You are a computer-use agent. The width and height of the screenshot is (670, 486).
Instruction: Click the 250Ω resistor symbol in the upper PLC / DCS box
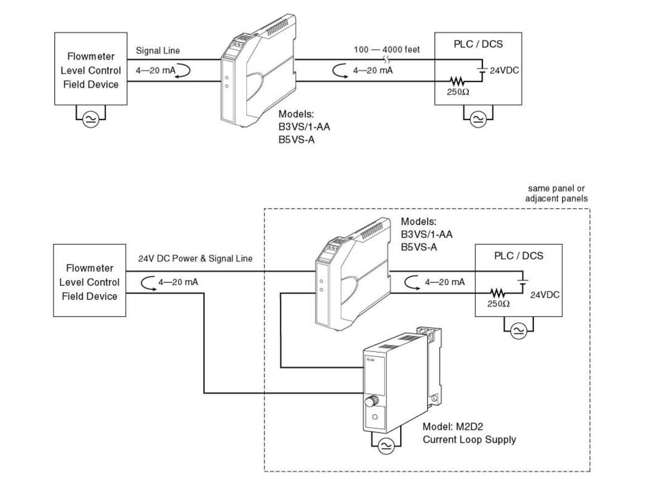click(457, 81)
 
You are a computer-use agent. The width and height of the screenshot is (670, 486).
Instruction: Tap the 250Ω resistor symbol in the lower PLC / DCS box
click(497, 293)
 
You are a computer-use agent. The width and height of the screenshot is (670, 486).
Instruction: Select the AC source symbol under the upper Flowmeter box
click(90, 119)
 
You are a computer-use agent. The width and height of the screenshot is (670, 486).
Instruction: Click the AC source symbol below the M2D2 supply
click(386, 446)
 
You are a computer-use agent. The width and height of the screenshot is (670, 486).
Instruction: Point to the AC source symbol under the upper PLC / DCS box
click(478, 119)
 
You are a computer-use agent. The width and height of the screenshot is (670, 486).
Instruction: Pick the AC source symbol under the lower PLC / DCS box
click(518, 331)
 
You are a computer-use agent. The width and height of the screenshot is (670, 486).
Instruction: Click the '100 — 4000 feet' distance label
click(387, 50)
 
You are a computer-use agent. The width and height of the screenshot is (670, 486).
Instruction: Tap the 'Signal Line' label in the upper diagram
click(157, 51)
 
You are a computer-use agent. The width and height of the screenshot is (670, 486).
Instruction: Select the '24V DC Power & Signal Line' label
click(195, 258)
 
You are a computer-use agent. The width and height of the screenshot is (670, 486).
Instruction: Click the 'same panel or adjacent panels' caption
click(556, 194)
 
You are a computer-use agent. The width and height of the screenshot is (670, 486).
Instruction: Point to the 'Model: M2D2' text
click(453, 426)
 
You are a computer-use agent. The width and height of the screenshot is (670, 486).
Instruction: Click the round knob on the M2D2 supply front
click(371, 401)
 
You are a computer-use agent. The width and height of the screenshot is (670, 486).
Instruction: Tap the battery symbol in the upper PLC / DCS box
click(482, 70)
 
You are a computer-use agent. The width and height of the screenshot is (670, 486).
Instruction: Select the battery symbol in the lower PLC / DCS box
click(522, 282)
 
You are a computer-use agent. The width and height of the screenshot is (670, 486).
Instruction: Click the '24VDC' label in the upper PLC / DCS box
click(504, 70)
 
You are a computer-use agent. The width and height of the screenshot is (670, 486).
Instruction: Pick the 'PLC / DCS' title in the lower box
click(518, 256)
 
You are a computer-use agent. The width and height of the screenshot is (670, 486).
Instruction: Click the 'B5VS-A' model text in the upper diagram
click(296, 140)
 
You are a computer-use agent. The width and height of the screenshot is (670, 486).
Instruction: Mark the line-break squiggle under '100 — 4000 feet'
click(387, 59)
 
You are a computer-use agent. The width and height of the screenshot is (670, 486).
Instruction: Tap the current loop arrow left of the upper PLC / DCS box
click(339, 70)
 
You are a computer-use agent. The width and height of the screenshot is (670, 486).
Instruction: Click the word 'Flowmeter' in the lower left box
click(89, 268)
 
